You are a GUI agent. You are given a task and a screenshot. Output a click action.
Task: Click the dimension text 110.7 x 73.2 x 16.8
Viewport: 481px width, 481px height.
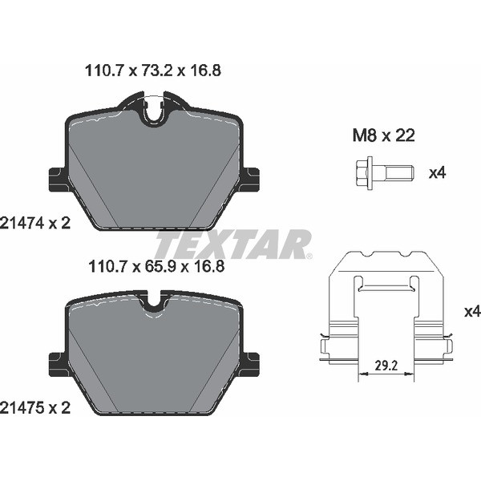pyautogui.click(x=152, y=71)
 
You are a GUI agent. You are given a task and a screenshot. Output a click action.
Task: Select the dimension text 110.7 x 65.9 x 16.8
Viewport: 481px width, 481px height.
pyautogui.click(x=152, y=266)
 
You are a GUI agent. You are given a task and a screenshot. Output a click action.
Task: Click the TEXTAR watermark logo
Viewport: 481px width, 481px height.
pyautogui.click(x=232, y=243)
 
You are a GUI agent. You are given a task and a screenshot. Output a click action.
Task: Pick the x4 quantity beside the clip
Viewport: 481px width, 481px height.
pyautogui.click(x=471, y=311)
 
